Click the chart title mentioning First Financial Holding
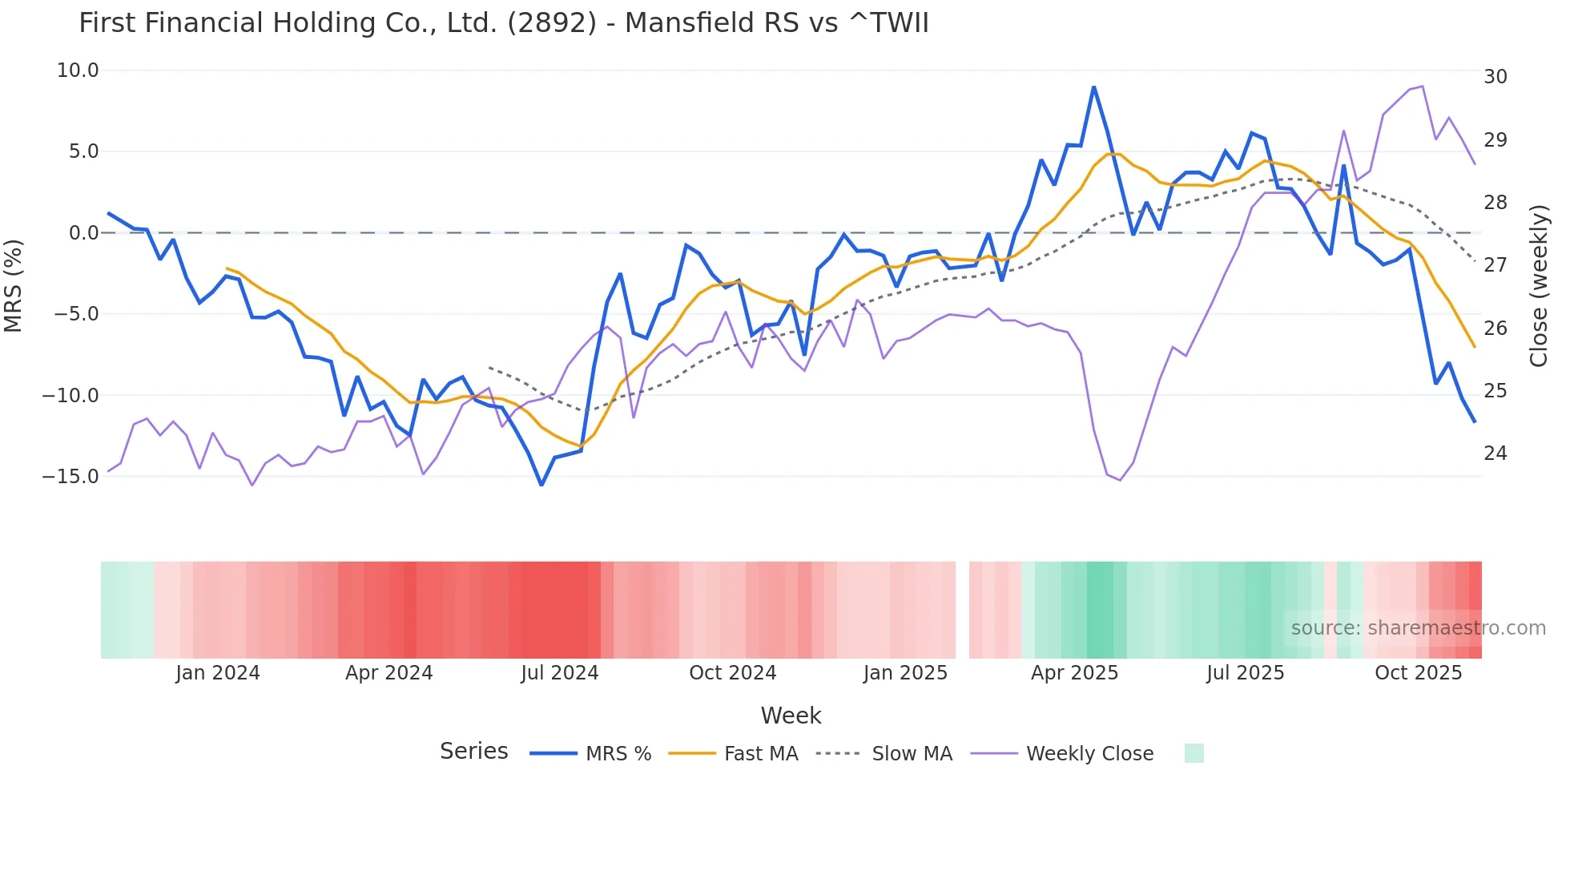503,23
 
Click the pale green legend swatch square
1194,753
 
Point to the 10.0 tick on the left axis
78,71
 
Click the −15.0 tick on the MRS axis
70,477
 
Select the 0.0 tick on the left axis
83,233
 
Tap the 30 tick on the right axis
1496,77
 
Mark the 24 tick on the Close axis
1496,454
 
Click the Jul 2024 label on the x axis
560,673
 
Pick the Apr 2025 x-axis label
1074,673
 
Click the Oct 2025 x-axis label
1418,673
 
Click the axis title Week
791,716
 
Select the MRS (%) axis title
14,285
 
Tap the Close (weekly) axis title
1539,285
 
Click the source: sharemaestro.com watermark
1418,628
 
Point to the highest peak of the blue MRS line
1093,87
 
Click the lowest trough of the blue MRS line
541,485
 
